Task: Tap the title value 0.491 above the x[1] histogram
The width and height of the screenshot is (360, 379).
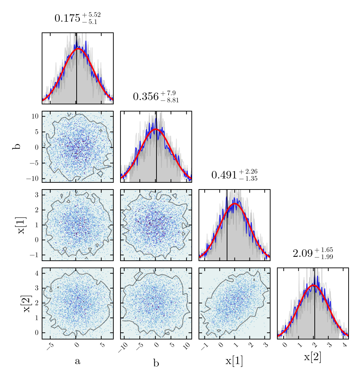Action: pos(224,175)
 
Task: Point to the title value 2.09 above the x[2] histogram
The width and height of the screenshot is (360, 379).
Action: pos(301,253)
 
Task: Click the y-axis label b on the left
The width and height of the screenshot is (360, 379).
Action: pos(16,146)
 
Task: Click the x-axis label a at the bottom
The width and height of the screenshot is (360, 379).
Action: pos(77,362)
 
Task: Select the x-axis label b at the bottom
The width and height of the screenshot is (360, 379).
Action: pos(156,363)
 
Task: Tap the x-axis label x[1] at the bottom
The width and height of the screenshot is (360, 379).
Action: pos(234,361)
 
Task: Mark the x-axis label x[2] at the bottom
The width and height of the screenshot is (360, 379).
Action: pos(313,357)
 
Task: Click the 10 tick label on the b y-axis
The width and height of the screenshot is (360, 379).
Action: pos(35,116)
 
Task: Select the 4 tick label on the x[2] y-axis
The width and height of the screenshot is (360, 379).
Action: pos(36,273)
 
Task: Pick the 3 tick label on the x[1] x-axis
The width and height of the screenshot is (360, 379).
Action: pos(265,346)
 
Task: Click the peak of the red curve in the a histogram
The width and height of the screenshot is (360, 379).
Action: pos(78,49)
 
